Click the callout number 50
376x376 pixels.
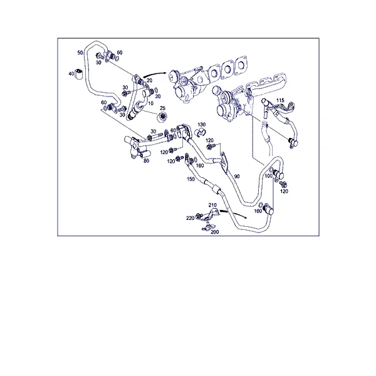click(x=80, y=53)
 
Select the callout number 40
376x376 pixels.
click(x=71, y=73)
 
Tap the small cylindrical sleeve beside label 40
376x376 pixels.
click(x=78, y=73)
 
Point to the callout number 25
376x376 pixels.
click(x=162, y=108)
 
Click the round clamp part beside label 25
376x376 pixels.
click(x=162, y=118)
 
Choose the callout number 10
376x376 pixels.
click(x=150, y=103)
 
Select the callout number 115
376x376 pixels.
click(x=280, y=100)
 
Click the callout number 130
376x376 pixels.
click(x=201, y=125)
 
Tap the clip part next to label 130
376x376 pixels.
click(x=199, y=132)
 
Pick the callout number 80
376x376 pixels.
click(x=146, y=160)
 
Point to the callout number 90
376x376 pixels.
click(x=237, y=176)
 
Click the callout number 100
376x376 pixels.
click(x=269, y=175)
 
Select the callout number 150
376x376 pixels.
click(x=191, y=179)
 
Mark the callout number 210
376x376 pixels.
click(x=212, y=205)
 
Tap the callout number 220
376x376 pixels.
click(x=190, y=218)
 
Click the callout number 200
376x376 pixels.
click(x=214, y=232)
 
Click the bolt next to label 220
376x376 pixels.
click(x=199, y=216)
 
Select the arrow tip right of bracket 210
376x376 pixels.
click(x=246, y=217)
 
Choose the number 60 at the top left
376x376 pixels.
click(x=120, y=52)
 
